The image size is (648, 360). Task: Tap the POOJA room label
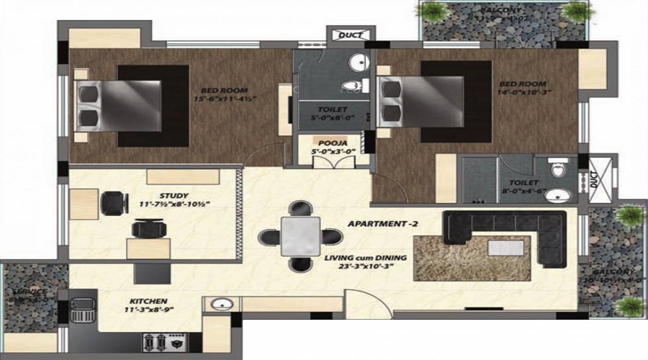click(x=318, y=144)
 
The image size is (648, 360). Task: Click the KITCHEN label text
click(x=149, y=300)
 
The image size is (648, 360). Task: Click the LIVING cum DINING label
click(x=365, y=258)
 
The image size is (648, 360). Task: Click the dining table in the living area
click(x=301, y=236)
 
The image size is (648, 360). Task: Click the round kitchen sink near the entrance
click(x=221, y=306)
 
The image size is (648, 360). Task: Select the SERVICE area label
click(x=29, y=292)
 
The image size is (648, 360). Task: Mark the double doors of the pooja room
click(x=319, y=161)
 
